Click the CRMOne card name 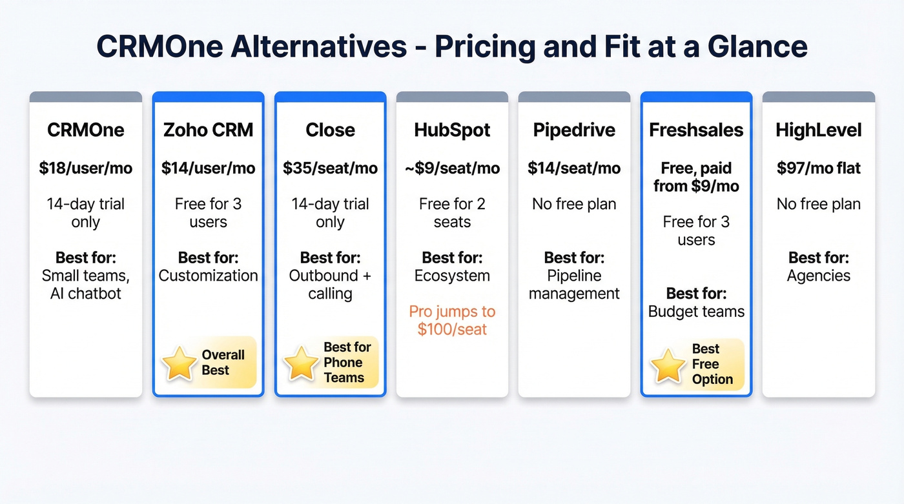pyautogui.click(x=85, y=130)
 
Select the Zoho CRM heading pyautogui.click(x=208, y=130)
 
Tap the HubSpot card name pyautogui.click(x=452, y=130)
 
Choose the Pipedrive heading pyautogui.click(x=574, y=130)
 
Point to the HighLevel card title pyautogui.click(x=818, y=130)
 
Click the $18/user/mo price pyautogui.click(x=85, y=168)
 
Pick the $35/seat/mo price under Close pyautogui.click(x=330, y=168)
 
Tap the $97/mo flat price pyautogui.click(x=818, y=168)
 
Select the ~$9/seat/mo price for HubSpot pyautogui.click(x=452, y=168)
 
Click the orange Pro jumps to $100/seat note pyautogui.click(x=452, y=320)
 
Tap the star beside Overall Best pyautogui.click(x=179, y=363)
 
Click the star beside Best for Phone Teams pyautogui.click(x=301, y=363)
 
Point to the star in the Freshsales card pyautogui.click(x=668, y=365)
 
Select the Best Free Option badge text pyautogui.click(x=712, y=364)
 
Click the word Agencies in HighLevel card pyautogui.click(x=818, y=276)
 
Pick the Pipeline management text pyautogui.click(x=574, y=285)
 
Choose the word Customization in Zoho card pyautogui.click(x=208, y=276)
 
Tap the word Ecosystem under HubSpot pyautogui.click(x=452, y=276)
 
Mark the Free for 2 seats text pyautogui.click(x=452, y=213)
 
